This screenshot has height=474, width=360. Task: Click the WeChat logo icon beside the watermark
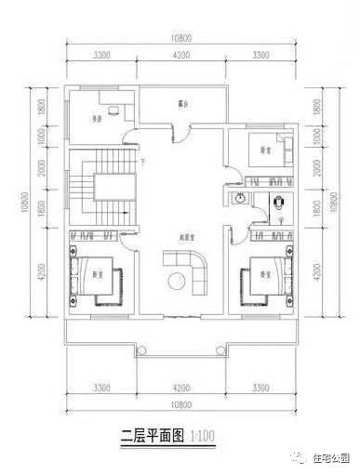click(x=298, y=455)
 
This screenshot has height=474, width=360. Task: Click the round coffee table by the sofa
click(x=176, y=283)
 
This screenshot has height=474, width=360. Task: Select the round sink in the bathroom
click(x=240, y=198)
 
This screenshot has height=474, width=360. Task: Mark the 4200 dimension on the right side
click(x=321, y=271)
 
